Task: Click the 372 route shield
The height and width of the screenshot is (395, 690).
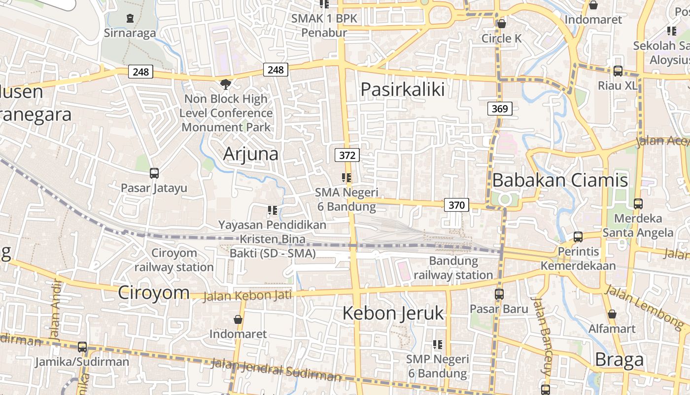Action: point(347,155)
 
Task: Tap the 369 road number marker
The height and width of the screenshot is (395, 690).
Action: point(500,109)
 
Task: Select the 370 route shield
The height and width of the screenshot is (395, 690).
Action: point(456,205)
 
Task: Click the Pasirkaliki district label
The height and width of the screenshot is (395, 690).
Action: point(403,89)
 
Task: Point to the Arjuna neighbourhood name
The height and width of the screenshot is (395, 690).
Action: point(251,154)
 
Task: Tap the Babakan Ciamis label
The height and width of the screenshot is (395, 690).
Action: point(560,180)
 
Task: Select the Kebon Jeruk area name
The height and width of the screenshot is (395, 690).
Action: point(393,313)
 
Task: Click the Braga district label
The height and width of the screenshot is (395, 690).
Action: point(619,360)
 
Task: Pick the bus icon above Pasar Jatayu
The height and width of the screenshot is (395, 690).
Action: point(154,173)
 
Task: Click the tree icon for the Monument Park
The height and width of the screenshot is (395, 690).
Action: point(226,84)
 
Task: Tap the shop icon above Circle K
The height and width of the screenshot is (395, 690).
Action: point(502,23)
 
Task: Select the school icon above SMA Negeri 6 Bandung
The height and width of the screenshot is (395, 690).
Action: point(346,178)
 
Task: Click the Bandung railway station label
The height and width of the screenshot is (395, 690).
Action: point(453,268)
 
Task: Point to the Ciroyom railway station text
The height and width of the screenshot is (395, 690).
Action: point(174,260)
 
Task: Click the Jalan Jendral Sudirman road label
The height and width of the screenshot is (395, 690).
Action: point(276,370)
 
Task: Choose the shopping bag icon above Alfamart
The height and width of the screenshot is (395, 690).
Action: point(612,314)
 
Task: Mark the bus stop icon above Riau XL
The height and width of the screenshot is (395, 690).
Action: point(618,71)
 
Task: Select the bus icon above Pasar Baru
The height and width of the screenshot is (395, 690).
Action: point(499,294)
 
